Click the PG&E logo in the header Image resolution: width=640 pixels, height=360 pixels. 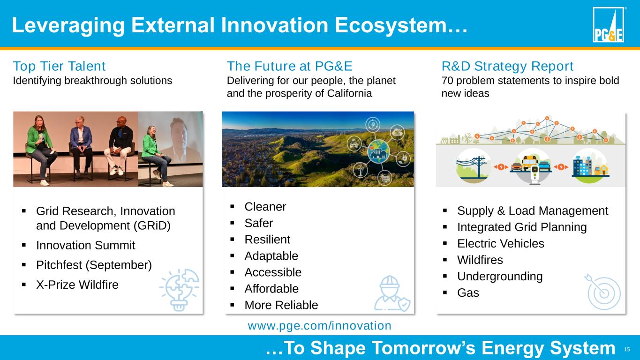pos(608,25)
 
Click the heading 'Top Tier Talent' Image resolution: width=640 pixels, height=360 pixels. pos(59,66)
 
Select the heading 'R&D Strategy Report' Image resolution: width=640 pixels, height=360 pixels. pos(507,66)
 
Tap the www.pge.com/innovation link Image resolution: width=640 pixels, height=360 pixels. pos(319,326)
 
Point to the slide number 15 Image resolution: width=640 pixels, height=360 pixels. pos(627,349)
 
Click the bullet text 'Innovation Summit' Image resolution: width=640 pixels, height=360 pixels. pos(85,245)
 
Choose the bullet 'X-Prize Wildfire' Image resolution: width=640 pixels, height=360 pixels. pos(77,285)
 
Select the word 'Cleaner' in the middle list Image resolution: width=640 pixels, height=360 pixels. pos(265,207)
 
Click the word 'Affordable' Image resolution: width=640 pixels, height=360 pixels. pos(271,289)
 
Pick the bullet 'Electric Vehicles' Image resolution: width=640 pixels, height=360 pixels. pos(501,243)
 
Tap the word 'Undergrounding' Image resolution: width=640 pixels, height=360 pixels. pos(500,276)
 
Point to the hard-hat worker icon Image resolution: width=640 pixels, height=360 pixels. pos(392,293)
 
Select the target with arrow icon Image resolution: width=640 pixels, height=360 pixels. pos(603,292)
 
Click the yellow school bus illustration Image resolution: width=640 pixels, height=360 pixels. pos(530,162)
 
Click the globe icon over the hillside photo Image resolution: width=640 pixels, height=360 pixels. pos(378,152)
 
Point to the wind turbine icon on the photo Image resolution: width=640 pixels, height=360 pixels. pos(360,170)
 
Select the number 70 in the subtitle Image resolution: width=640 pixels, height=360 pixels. pos(447,81)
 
